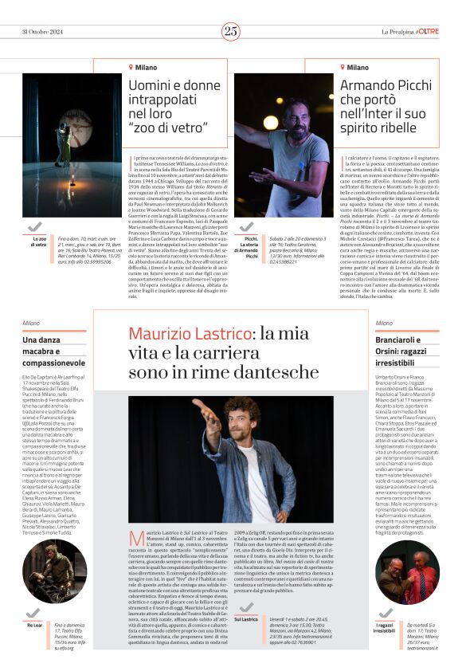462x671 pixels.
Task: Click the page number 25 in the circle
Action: [230, 31]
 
